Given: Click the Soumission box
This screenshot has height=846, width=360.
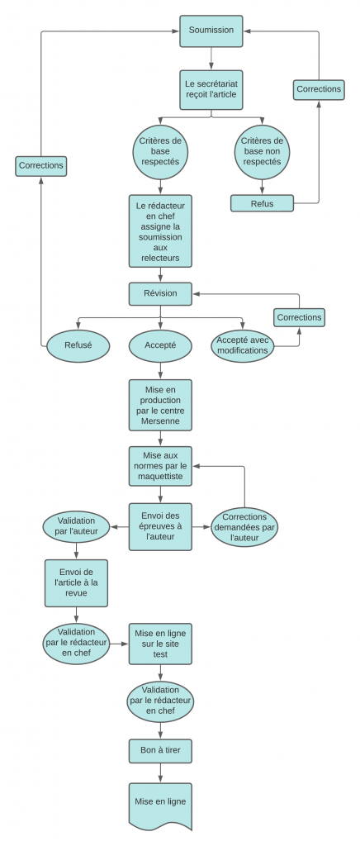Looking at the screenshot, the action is pos(211,31).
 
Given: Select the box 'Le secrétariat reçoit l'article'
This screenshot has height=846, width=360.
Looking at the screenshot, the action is pos(211,89).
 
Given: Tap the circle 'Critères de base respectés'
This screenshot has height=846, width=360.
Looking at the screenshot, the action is pos(160,151).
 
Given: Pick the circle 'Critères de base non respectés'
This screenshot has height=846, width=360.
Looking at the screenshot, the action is pos(262,151).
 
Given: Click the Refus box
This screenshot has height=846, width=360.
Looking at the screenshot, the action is pos(262,203).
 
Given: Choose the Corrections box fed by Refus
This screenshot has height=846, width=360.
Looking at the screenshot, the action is pos(319,89).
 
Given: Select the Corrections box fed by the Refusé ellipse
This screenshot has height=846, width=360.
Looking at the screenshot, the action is pos(41,166).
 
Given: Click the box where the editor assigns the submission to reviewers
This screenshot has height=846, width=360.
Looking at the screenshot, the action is pos(160,231).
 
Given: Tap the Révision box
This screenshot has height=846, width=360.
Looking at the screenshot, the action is pos(160,294).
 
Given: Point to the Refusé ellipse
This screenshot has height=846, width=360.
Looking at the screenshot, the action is pos(78,345).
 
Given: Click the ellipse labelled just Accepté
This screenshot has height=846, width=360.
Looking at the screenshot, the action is pos(160,345).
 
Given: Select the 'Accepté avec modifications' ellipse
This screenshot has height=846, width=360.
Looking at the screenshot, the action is pos(242,345).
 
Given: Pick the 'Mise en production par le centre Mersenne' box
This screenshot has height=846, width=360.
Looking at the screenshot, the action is pos(160,405).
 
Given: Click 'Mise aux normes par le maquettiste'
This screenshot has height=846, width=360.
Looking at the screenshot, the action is pos(160,466).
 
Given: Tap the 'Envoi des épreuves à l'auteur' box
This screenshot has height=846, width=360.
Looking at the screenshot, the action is pos(160,526).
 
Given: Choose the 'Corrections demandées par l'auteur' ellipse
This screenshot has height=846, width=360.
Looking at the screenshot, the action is pos(244,526).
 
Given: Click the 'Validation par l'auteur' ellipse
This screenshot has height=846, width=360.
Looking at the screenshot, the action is pos(76,526).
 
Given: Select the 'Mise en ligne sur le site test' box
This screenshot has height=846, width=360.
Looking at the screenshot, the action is pos(160,644).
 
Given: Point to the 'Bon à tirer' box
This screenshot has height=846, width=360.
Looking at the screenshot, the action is pos(160,751).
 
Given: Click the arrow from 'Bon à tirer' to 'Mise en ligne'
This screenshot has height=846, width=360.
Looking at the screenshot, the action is pos(160,773).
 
